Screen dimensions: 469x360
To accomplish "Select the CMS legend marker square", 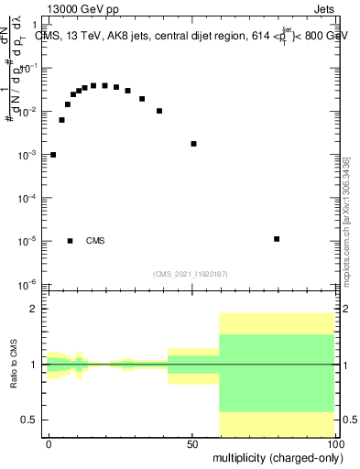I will (71, 241).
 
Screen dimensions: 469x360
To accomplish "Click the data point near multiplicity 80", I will (277, 239).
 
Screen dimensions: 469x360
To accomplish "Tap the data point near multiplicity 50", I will (193, 144).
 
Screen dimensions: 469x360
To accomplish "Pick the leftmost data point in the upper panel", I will (53, 155).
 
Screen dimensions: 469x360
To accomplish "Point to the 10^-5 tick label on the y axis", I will (27, 242).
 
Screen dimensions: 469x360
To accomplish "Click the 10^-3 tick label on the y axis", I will (27, 156).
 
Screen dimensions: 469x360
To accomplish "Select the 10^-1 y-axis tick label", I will (27, 69).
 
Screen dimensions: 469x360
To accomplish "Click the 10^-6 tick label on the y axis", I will (27, 285).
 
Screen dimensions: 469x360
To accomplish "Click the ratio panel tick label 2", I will (33, 310).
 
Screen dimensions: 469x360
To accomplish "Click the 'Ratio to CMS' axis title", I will (14, 365).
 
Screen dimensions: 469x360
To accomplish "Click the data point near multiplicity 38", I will (159, 111).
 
